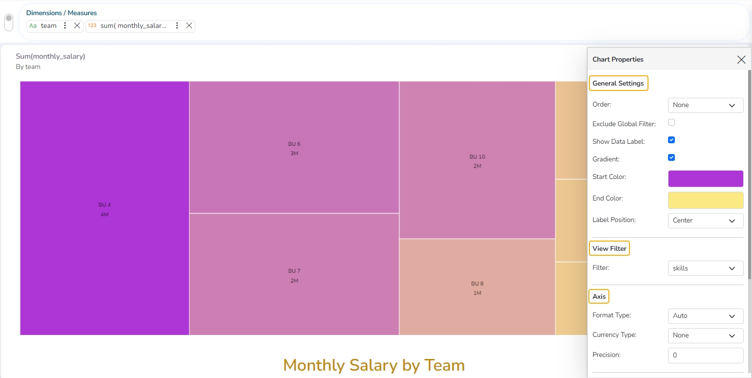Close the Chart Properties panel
[x=741, y=60]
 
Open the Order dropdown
[x=705, y=105]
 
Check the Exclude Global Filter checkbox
[x=671, y=123]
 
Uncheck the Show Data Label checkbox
[x=671, y=140]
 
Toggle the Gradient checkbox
[x=671, y=158]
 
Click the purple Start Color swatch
[x=705, y=179]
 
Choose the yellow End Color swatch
[x=705, y=200]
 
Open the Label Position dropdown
[x=705, y=221]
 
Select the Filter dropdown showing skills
[x=705, y=268]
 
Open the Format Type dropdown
[x=705, y=316]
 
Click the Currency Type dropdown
[x=705, y=335]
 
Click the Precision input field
[x=705, y=356]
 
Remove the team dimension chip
[x=77, y=26]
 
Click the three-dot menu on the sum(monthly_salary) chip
[x=177, y=26]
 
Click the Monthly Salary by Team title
[x=374, y=365]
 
